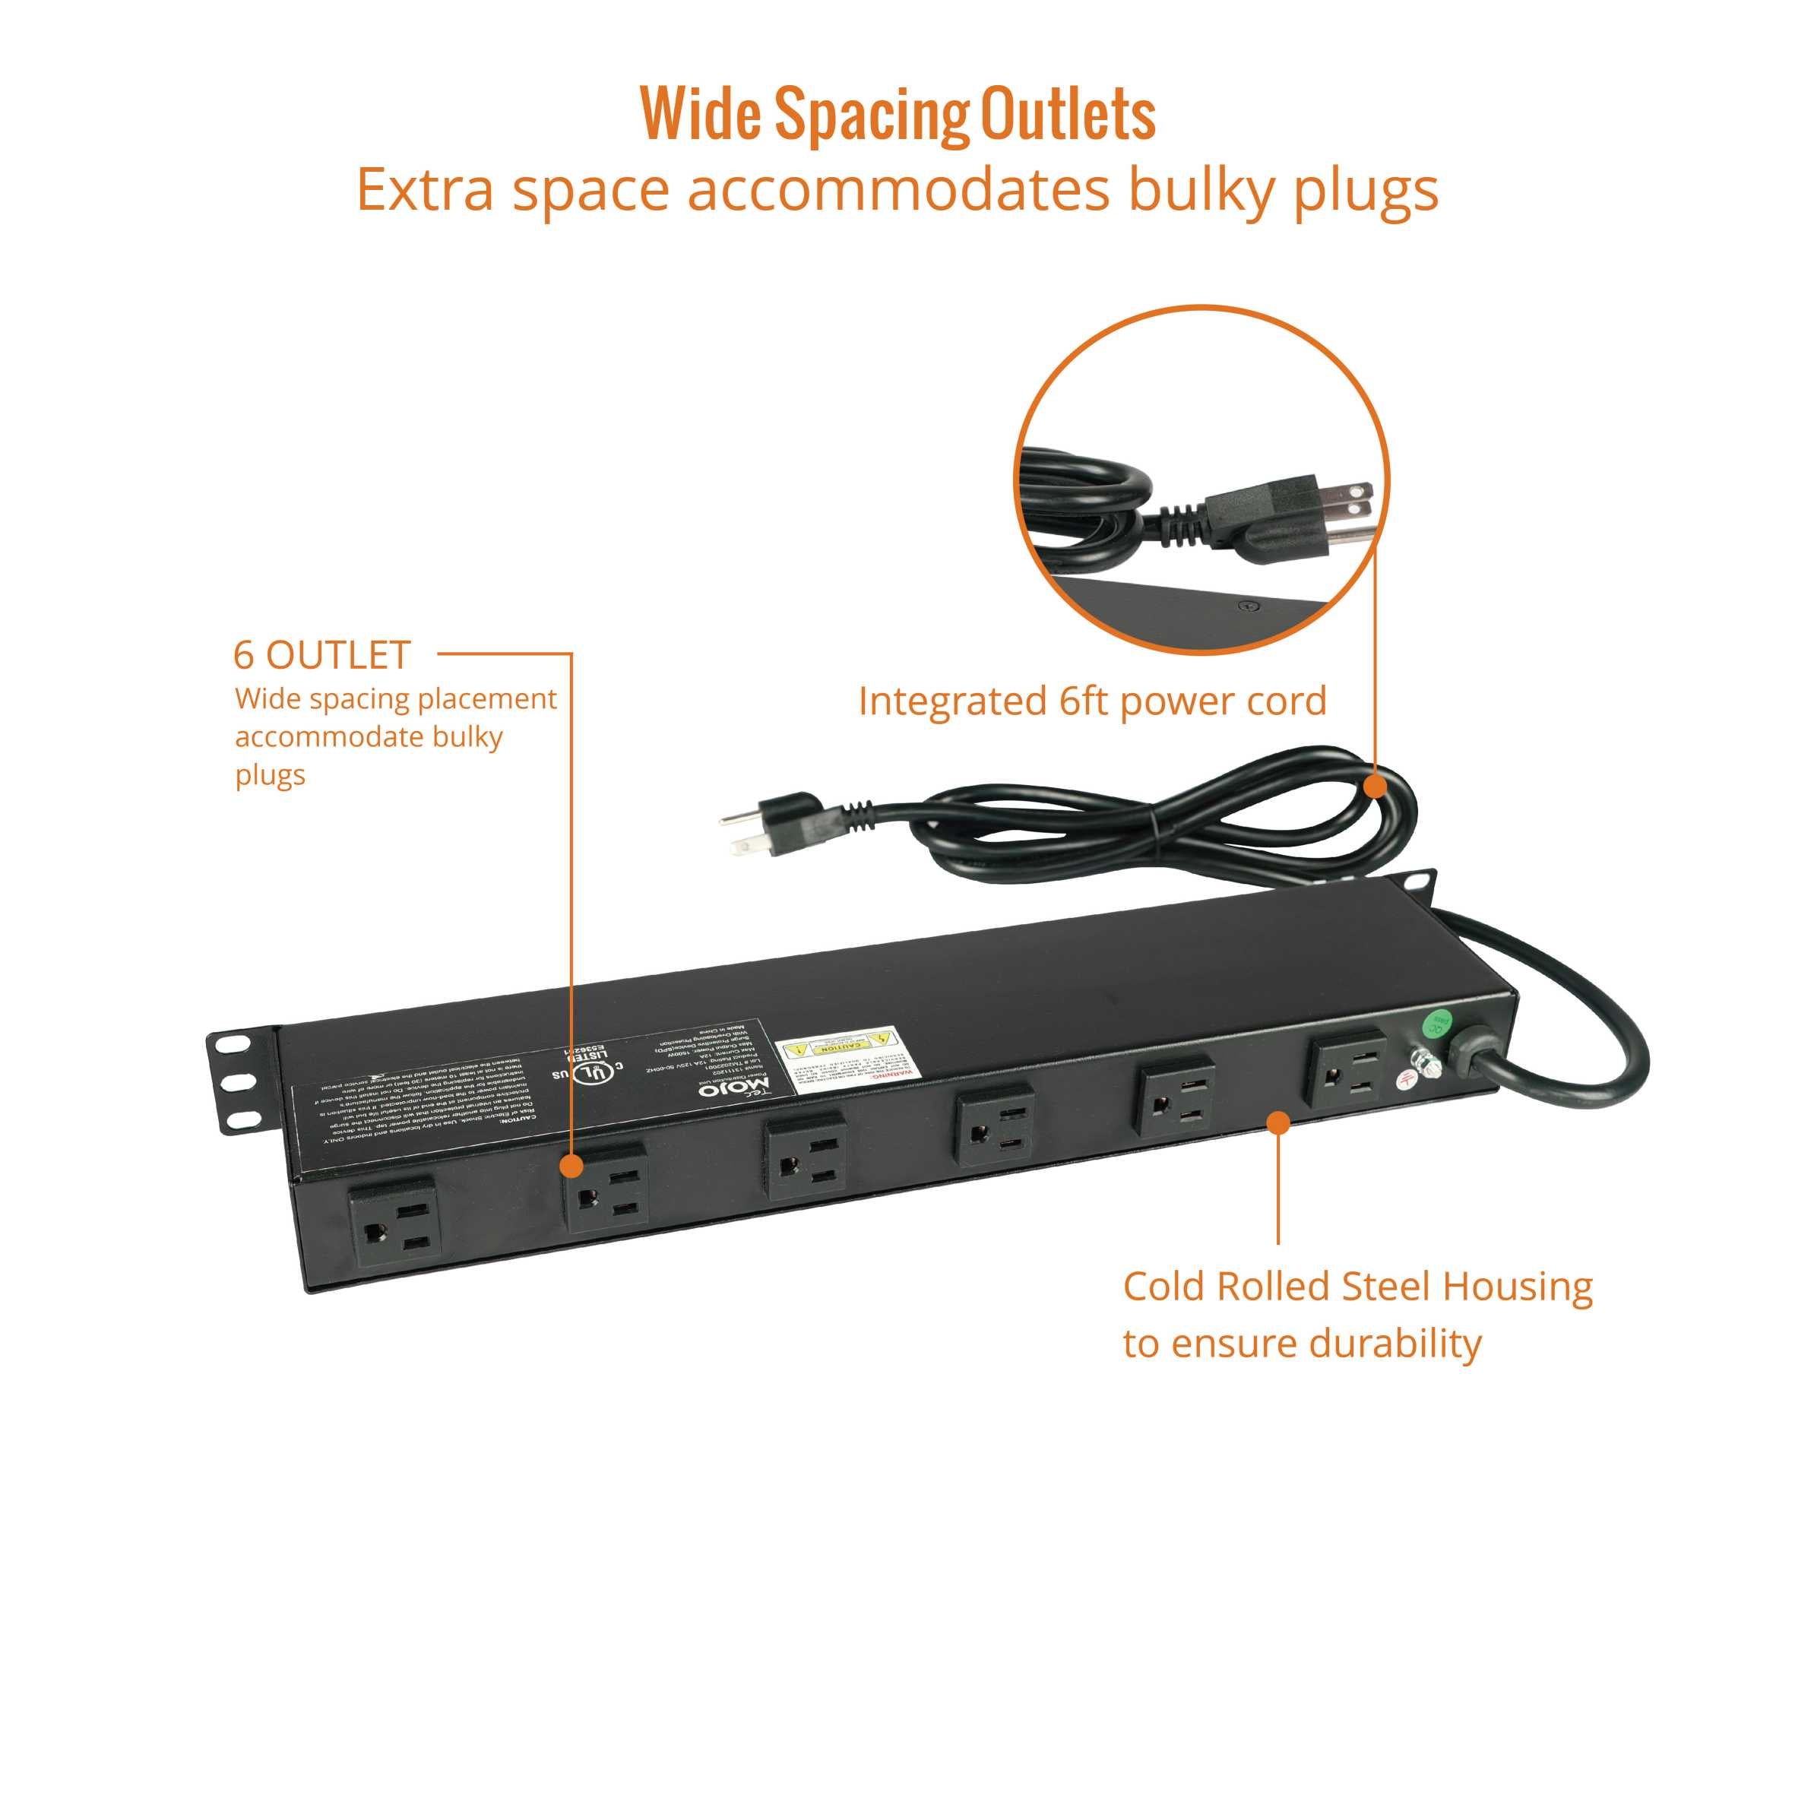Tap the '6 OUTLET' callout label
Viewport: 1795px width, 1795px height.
click(x=321, y=656)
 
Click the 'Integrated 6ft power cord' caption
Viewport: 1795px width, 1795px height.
click(x=1092, y=701)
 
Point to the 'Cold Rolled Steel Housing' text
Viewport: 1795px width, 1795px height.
click(x=1357, y=1287)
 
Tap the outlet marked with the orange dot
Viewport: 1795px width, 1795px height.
click(x=606, y=1189)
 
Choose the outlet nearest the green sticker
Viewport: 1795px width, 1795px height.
click(x=1348, y=1072)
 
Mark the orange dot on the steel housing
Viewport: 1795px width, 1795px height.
click(x=1278, y=1123)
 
